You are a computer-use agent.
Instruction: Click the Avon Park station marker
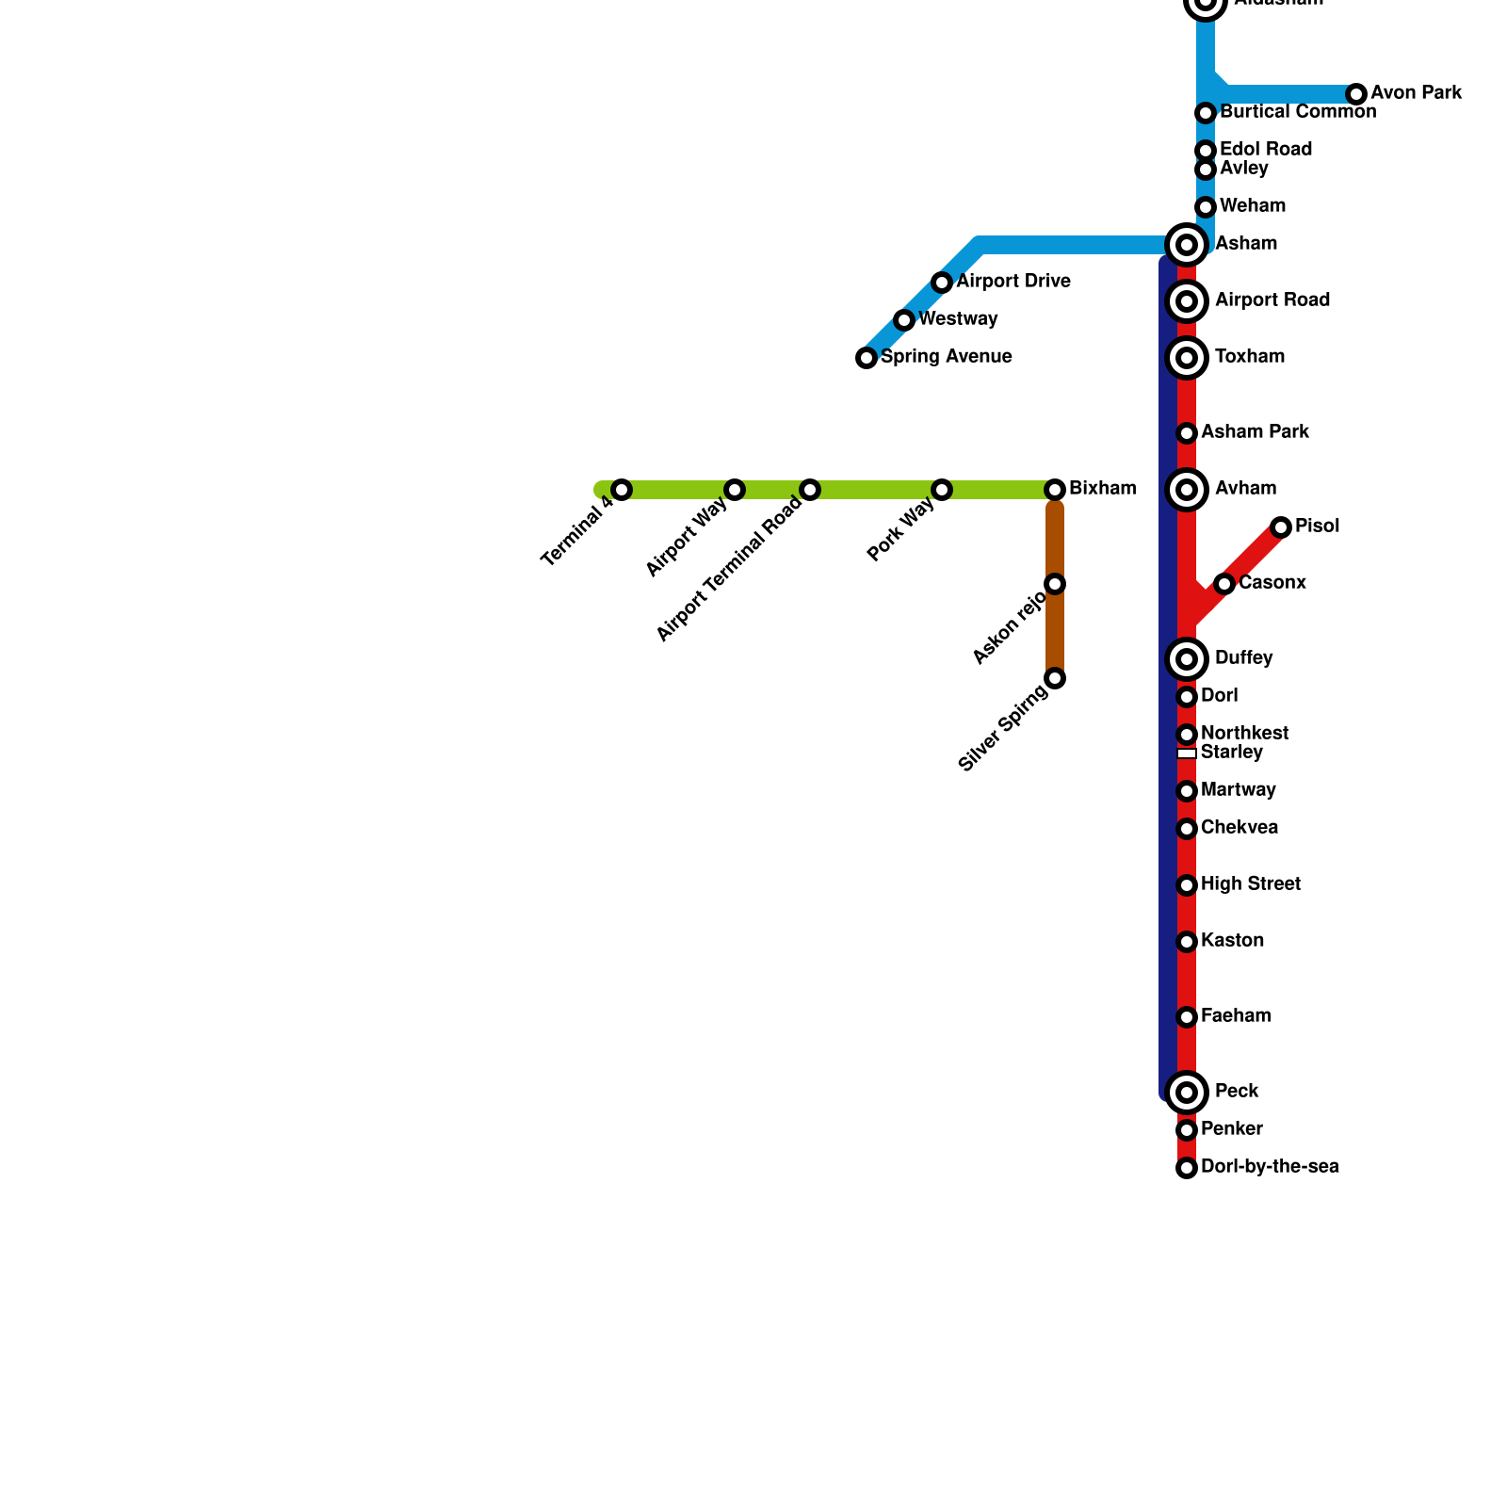coord(1356,94)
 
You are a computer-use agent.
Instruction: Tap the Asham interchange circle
coord(1187,245)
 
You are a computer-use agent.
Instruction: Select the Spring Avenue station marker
coord(867,358)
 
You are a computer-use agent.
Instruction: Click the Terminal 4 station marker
coord(622,490)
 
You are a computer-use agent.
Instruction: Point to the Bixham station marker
coord(1055,490)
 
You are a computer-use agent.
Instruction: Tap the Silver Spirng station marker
coord(1055,678)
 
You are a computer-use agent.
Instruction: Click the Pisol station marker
coord(1281,527)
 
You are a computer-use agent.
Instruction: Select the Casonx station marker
coord(1224,584)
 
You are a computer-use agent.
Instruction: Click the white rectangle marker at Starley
coord(1187,753)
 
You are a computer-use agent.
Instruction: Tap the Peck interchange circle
coord(1187,1093)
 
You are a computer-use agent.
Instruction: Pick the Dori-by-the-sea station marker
coord(1187,1168)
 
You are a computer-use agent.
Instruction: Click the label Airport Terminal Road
coord(730,569)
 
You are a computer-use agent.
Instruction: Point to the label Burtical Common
coord(1298,112)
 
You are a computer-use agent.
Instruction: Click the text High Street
coord(1251,884)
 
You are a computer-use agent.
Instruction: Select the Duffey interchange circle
coord(1187,659)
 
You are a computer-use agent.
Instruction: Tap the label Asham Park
coord(1255,432)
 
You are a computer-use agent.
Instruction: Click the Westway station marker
coord(904,320)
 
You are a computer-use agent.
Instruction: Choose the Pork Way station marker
coord(942,490)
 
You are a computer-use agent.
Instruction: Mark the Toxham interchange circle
coord(1187,358)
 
